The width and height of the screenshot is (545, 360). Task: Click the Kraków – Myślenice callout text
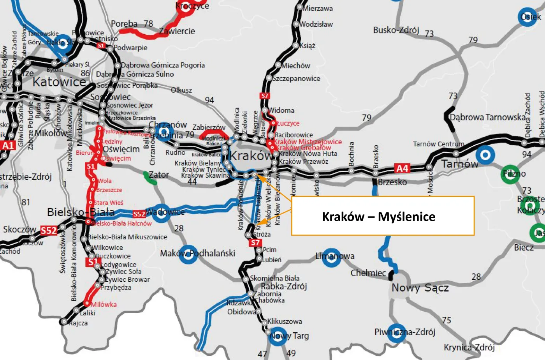pos(378,217)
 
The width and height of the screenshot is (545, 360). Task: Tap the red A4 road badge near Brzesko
pos(402,168)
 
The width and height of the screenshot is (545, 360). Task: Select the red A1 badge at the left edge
pos(8,145)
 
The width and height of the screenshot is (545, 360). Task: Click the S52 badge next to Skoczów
pos(49,231)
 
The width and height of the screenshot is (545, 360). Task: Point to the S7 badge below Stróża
pos(255,243)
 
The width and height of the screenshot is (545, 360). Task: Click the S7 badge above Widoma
pos(264,96)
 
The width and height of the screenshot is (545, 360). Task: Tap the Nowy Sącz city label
pos(420,288)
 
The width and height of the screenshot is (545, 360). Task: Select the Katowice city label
pos(59,82)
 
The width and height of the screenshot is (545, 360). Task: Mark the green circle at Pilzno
pos(510,174)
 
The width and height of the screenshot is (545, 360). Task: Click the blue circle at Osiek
pos(528,17)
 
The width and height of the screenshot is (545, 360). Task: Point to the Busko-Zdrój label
pos(396,30)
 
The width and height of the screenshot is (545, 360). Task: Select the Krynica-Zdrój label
pos(469,347)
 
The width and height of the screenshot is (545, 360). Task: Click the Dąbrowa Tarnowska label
pos(487,117)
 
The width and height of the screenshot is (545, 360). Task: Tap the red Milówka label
pos(104,304)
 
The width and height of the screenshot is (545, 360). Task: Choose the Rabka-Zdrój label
pos(284,286)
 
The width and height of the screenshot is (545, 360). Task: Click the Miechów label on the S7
pos(296,66)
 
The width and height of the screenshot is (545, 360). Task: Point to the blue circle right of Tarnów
pos(485,155)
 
